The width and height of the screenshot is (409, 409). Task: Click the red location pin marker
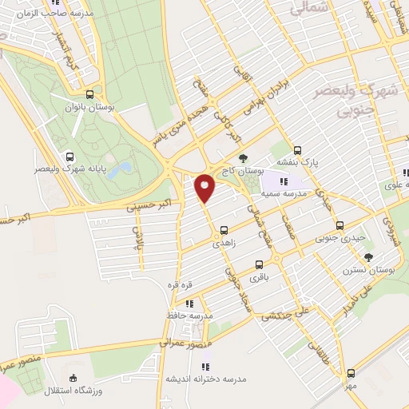[x=205, y=188]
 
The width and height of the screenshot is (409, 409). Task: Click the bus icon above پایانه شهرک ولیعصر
[x=70, y=157]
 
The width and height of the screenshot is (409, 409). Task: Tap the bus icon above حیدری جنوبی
[x=341, y=225]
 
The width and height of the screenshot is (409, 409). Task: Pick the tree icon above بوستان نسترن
[x=368, y=256]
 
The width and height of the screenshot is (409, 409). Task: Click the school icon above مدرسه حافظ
[x=189, y=304]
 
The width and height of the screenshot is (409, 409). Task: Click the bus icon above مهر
[x=351, y=373]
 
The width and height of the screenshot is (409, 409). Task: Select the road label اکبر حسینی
[x=145, y=206]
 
